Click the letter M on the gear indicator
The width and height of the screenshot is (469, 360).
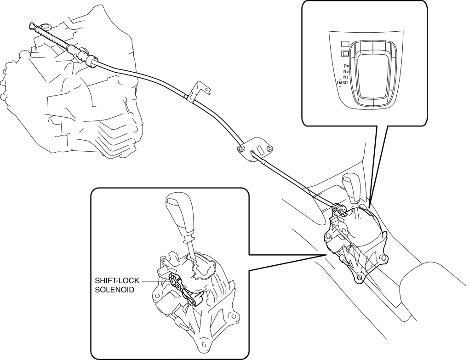click(x=340, y=82)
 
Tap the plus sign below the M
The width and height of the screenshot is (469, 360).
click(x=340, y=87)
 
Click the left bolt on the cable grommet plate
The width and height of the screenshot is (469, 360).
click(x=241, y=148)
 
